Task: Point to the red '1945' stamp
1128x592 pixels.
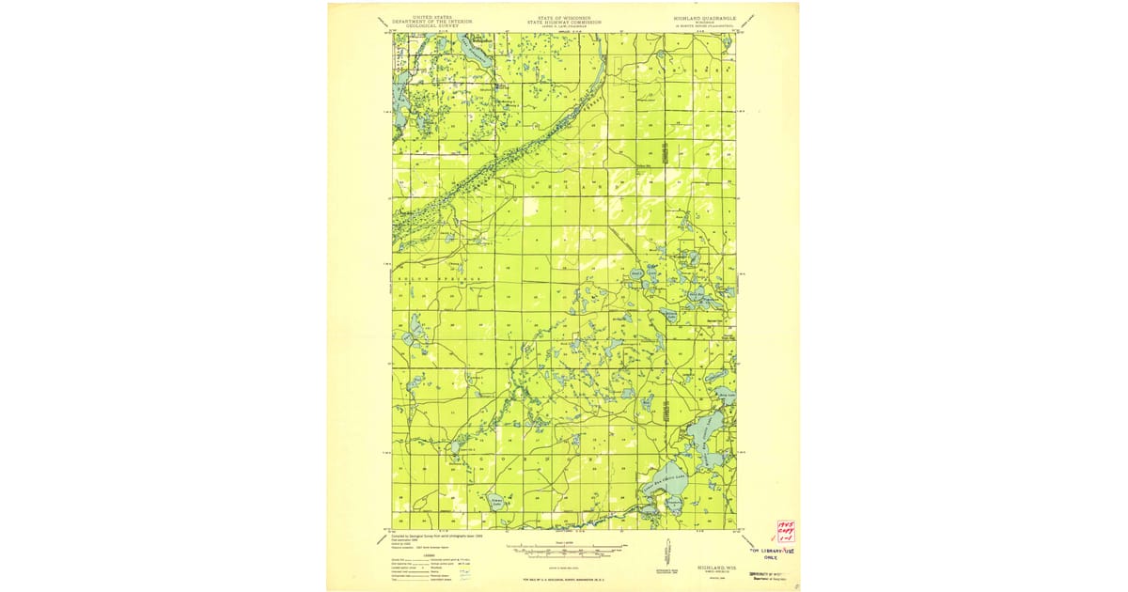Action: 785,526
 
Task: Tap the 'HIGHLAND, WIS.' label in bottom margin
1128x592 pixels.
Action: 716,568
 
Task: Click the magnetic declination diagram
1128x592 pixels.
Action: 666,554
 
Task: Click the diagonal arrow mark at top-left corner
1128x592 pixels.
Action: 383,21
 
